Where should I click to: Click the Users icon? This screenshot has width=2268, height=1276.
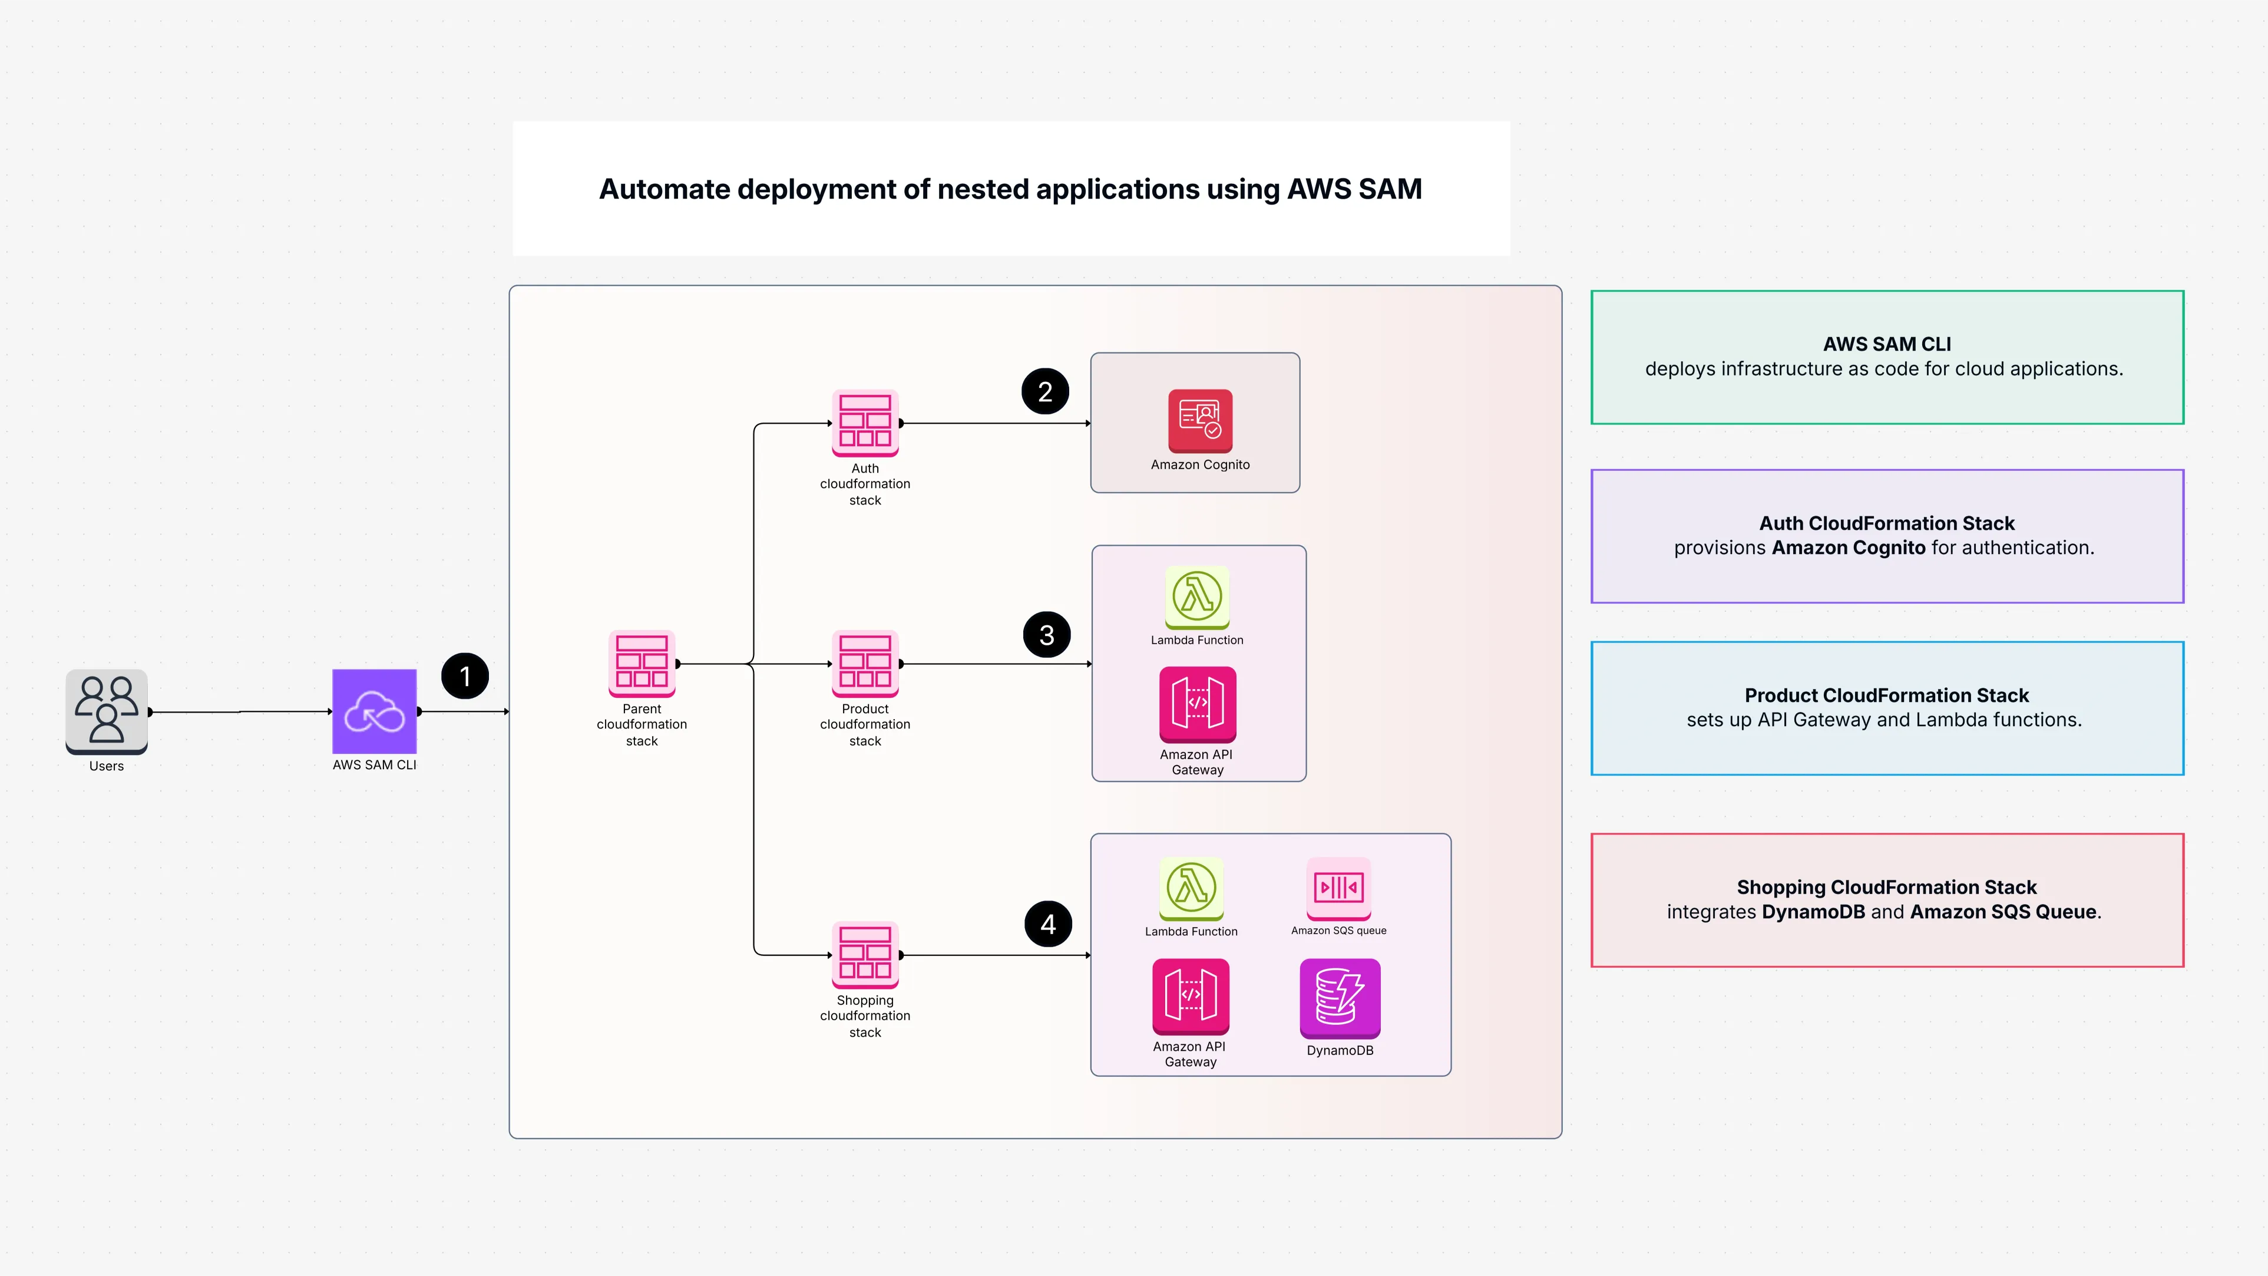[x=107, y=711]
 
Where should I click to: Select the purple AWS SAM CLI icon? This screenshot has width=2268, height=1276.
[x=374, y=711]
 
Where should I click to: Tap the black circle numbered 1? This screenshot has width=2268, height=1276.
[x=465, y=676]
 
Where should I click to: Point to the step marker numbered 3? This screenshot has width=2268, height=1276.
[x=1047, y=635]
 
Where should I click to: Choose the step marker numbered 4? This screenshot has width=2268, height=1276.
[x=1048, y=924]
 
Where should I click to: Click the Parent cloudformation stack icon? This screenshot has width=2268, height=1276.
[x=642, y=663]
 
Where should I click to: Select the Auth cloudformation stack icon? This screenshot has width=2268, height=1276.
[x=865, y=423]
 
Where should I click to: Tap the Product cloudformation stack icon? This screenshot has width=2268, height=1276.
[x=865, y=663]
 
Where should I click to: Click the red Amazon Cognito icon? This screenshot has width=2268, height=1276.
[x=1200, y=420]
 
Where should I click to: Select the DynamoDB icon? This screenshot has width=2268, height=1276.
[x=1339, y=998]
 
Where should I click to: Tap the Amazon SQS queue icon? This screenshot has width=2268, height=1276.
[x=1338, y=888]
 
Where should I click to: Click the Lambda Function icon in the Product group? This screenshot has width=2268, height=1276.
[x=1196, y=597]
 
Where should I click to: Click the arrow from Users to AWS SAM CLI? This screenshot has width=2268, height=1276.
[x=240, y=711]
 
